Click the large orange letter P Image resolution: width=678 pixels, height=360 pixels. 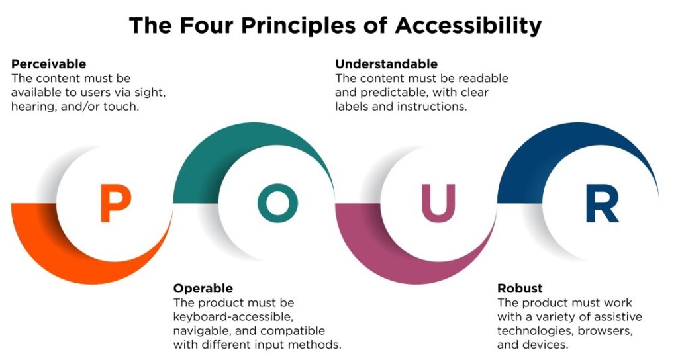coord(115,204)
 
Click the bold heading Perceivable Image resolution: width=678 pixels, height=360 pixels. coord(49,64)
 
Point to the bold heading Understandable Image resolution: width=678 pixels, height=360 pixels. coord(386,64)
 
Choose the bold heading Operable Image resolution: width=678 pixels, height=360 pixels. coord(203,289)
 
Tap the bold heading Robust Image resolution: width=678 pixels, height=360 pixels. coord(520,289)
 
